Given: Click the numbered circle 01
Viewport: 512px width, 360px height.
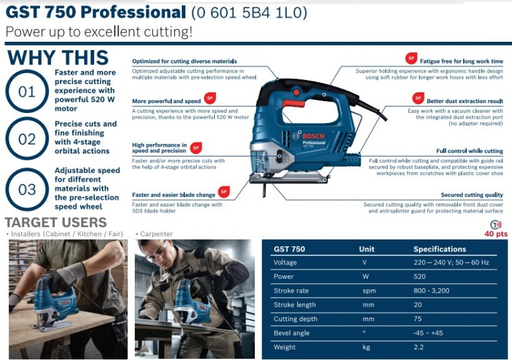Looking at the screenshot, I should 27,92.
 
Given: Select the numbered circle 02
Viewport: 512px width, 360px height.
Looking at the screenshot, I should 27,139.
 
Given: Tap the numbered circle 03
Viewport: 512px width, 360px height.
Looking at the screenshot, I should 27,189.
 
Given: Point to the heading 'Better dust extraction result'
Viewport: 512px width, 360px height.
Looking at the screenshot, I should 465,101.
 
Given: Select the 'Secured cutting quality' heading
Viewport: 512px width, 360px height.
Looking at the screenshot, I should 471,195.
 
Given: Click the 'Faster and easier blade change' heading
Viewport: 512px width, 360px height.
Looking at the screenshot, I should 174,195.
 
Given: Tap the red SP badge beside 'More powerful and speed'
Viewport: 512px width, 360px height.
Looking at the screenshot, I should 210,98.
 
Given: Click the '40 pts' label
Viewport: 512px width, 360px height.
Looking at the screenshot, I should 496,234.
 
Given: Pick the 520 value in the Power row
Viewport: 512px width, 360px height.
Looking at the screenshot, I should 420,276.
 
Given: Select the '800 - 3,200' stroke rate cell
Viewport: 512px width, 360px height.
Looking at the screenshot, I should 431,291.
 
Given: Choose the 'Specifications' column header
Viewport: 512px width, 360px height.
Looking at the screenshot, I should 440,249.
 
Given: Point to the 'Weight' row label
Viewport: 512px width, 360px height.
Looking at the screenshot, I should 284,347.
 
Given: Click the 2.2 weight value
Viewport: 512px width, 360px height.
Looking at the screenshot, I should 418,347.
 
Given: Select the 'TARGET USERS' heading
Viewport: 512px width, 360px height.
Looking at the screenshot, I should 56,222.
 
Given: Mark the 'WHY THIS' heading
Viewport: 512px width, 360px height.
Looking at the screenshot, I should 58,58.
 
